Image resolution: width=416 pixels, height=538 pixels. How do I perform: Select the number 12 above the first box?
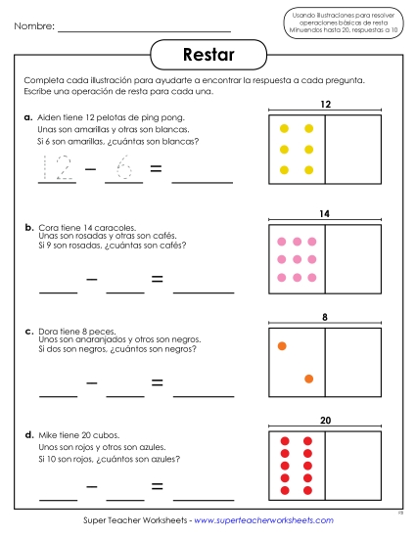[x=325, y=104]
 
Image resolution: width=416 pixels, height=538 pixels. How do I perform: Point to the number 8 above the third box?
[x=325, y=317]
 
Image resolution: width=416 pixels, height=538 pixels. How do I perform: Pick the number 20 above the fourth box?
[x=325, y=421]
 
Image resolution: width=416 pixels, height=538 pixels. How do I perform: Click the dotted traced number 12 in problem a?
[x=56, y=170]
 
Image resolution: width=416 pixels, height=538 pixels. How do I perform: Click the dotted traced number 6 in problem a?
[x=124, y=170]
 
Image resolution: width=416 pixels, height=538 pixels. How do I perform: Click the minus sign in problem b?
[x=91, y=280]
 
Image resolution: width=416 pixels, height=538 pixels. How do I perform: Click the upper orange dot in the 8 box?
[x=282, y=345]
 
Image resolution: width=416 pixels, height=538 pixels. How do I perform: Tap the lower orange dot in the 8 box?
[x=308, y=379]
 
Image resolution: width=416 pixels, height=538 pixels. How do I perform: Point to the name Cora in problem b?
[x=49, y=227]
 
